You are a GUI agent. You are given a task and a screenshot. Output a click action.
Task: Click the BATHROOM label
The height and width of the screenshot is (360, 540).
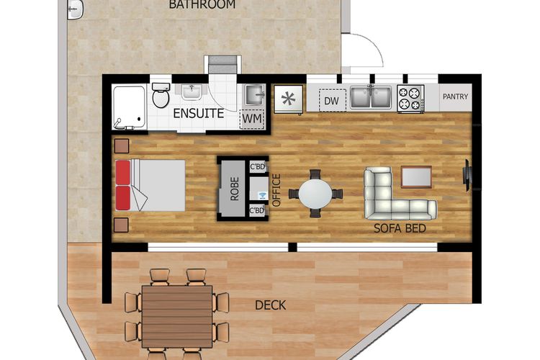(x=202, y=4)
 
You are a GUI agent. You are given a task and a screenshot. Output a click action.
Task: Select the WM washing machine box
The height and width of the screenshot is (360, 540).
(x=251, y=117)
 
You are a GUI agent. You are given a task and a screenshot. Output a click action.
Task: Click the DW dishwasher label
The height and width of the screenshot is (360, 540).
(x=331, y=101)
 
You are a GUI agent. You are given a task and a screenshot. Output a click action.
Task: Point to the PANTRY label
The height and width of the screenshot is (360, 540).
(x=455, y=96)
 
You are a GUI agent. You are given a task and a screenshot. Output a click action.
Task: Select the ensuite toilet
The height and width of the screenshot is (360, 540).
(x=161, y=96)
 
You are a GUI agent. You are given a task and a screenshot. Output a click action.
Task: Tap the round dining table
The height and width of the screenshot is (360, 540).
(x=315, y=193)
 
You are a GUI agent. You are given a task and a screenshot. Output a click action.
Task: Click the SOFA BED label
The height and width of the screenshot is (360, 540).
(x=400, y=229)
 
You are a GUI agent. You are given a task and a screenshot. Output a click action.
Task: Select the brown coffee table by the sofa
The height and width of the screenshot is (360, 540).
(x=416, y=176)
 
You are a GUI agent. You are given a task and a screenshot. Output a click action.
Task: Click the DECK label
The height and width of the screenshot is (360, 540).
(x=270, y=305)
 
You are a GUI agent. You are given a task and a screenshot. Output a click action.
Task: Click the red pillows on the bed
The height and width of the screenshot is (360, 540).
(x=122, y=186)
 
